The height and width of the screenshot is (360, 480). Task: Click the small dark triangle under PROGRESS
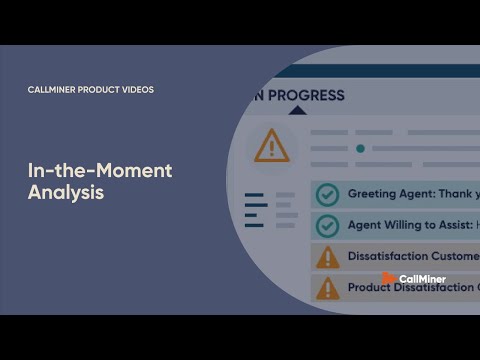pos(297,111)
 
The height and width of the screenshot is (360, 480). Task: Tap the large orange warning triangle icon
pos(271,146)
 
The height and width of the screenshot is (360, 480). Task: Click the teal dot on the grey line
pos(360,148)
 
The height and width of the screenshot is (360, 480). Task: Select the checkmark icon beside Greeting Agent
pos(327,194)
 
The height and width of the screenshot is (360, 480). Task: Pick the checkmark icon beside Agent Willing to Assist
pos(327,225)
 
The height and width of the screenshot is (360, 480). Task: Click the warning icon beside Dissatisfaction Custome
pos(327,257)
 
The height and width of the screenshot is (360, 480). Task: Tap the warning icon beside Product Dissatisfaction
pos(327,288)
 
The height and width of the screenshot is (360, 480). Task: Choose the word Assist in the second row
pos(451,225)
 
